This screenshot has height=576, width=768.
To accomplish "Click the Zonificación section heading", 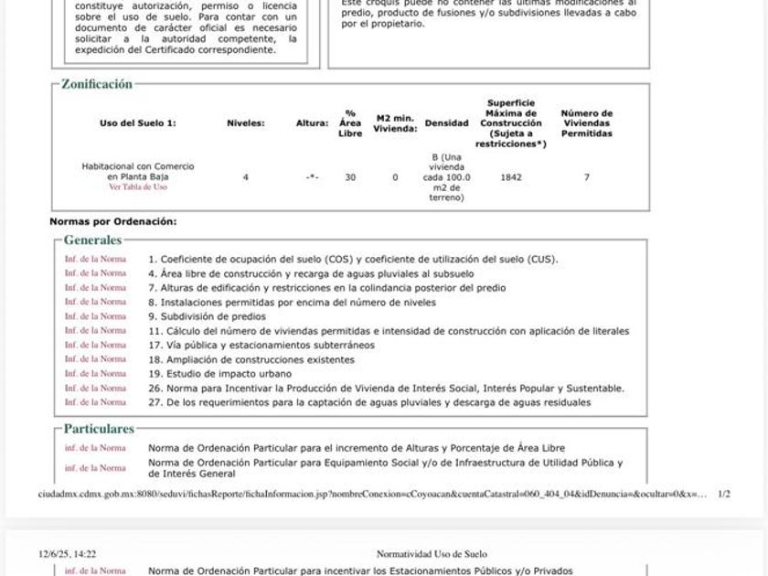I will click(x=97, y=84).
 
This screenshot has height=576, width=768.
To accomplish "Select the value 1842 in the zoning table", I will click(x=511, y=177).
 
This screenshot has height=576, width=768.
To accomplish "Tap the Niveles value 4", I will click(x=245, y=177).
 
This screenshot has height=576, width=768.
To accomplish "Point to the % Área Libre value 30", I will click(x=350, y=177).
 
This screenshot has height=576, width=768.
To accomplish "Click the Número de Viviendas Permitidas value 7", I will click(x=587, y=177).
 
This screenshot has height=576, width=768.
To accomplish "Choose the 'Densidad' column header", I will click(x=446, y=123).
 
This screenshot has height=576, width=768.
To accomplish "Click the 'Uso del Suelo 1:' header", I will click(x=138, y=123).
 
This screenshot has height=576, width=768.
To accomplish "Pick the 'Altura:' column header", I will click(x=312, y=123).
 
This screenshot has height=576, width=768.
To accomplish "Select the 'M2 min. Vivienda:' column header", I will click(x=395, y=123).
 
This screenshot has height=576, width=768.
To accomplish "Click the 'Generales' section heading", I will click(x=92, y=240).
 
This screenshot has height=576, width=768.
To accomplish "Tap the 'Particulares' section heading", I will click(x=99, y=429).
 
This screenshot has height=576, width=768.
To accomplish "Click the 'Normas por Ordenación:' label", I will click(x=113, y=221).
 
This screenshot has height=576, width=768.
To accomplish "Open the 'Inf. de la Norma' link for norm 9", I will click(x=95, y=316).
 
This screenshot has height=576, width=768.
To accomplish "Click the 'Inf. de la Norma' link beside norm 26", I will click(x=95, y=388).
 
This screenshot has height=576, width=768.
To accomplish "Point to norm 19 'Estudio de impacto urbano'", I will click(x=219, y=374).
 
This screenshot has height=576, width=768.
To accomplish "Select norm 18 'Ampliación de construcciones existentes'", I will click(x=251, y=359).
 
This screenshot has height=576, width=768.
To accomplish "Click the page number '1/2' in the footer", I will click(x=724, y=494).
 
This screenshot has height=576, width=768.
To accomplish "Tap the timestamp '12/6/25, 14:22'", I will click(x=67, y=554).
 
